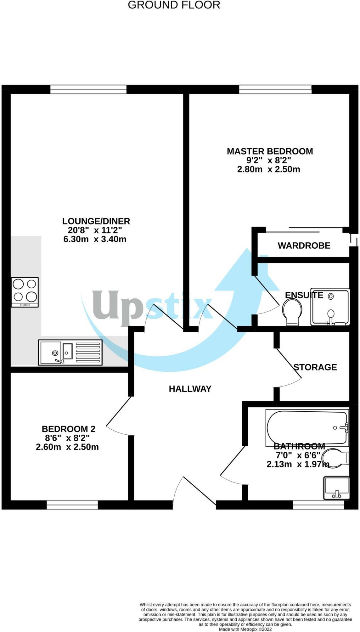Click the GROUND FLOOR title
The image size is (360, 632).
[x=174, y=5]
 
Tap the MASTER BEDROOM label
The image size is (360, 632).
[x=270, y=151]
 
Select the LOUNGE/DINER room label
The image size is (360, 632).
[x=96, y=221]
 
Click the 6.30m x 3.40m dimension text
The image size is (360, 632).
[x=95, y=239]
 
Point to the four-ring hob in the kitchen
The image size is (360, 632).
[x=25, y=292]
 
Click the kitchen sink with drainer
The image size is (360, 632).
[x=70, y=352]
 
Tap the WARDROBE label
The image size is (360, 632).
[x=304, y=245]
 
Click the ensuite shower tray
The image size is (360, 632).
[x=330, y=307]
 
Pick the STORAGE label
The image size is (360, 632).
[x=315, y=367]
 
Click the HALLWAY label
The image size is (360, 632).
[x=190, y=389]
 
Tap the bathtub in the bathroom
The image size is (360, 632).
[x=307, y=427]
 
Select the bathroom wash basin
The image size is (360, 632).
[x=336, y=488]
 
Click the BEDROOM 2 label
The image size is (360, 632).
[x=68, y=429]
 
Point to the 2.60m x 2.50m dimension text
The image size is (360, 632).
[x=67, y=447]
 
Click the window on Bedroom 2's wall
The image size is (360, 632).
[x=72, y=505]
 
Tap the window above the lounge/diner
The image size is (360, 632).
[x=88, y=89]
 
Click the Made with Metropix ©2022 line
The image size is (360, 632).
[x=245, y=629]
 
